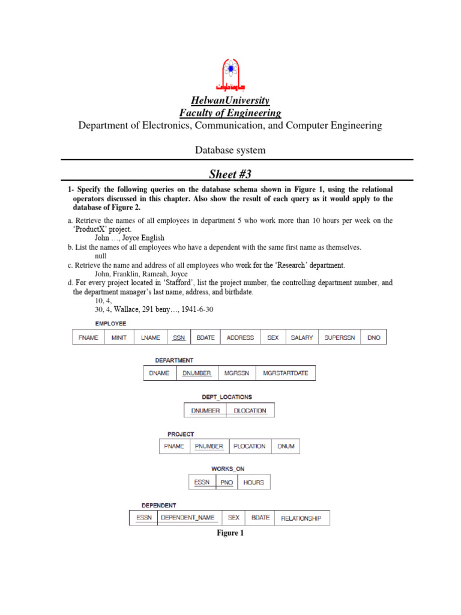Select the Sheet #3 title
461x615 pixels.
pyautogui.click(x=230, y=174)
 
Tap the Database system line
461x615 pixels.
pyautogui.click(x=230, y=150)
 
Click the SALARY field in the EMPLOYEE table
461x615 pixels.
pyautogui.click(x=301, y=338)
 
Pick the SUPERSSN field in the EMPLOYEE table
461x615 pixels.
pyautogui.click(x=340, y=338)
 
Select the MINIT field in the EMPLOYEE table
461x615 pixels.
pyautogui.click(x=119, y=338)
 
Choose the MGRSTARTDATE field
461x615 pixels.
pyautogui.click(x=285, y=373)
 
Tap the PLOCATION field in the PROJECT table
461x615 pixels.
pyautogui.click(x=249, y=446)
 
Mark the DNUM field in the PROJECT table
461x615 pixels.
pyautogui.click(x=286, y=446)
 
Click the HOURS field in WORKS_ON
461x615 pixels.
pyautogui.click(x=253, y=482)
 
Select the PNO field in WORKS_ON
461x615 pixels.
pyautogui.click(x=226, y=482)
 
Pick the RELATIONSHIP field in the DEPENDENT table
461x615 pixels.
pyautogui.click(x=301, y=518)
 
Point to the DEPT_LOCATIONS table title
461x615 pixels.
pyautogui.click(x=227, y=397)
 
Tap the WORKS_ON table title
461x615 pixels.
pyautogui.click(x=227, y=468)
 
